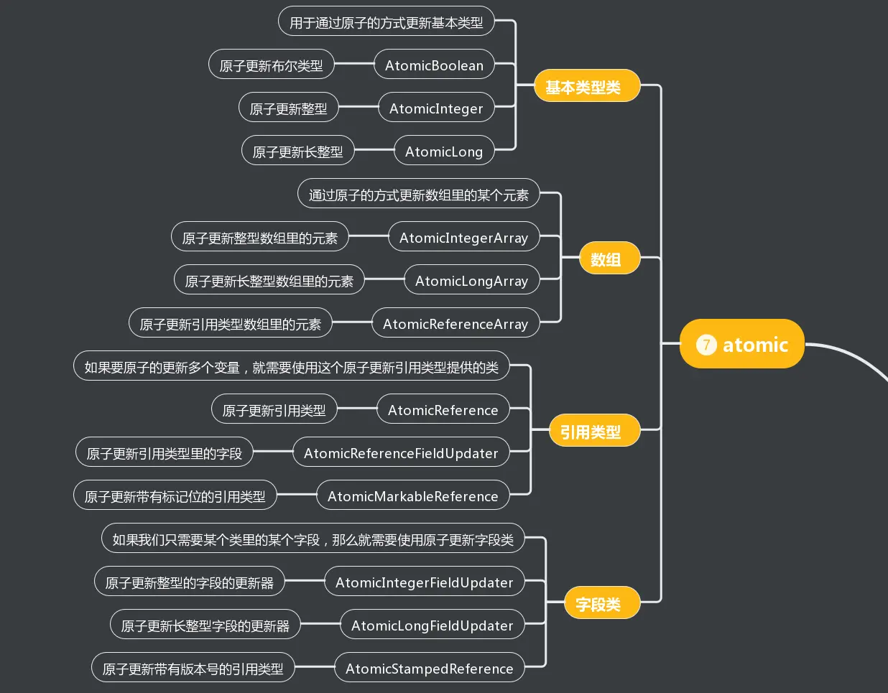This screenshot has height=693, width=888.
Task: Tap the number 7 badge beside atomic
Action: tap(706, 345)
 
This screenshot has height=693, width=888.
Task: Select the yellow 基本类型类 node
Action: tap(586, 86)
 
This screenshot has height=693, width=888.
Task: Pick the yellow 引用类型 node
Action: tap(593, 431)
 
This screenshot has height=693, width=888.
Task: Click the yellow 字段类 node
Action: tap(601, 603)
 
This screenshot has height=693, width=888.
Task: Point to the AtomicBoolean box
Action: tap(434, 65)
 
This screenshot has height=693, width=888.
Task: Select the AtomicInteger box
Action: tap(436, 108)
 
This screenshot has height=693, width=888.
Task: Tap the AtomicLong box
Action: tap(444, 151)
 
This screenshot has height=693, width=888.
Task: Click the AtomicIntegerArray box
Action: tap(463, 237)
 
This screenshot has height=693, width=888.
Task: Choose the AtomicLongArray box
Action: tap(471, 280)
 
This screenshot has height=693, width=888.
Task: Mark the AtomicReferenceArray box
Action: tap(455, 323)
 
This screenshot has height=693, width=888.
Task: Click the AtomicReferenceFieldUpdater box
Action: tap(401, 452)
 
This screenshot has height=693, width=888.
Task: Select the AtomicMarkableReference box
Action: tap(412, 496)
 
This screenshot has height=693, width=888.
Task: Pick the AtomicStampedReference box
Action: tap(429, 668)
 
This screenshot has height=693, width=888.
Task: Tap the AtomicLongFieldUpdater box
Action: tap(432, 625)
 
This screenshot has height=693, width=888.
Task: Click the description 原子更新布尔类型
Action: tap(271, 65)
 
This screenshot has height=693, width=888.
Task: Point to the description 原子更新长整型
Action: tap(297, 151)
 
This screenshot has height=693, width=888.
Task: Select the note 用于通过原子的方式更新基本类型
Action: tap(386, 22)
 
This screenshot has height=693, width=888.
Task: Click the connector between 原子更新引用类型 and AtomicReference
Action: tap(357, 409)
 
